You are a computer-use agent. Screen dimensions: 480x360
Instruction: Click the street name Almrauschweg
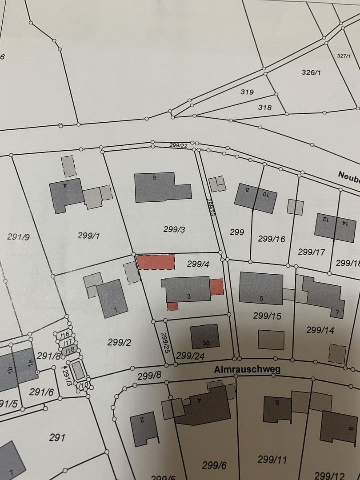click(247, 369)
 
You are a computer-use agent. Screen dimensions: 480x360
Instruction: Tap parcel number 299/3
click(174, 229)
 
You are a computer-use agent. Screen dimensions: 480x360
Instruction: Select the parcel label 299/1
click(88, 236)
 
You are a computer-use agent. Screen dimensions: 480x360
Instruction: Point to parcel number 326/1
click(311, 72)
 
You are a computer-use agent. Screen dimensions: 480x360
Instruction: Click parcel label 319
click(247, 92)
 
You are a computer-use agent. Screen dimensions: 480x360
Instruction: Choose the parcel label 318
click(264, 108)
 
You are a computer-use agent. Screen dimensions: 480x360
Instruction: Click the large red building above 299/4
click(156, 262)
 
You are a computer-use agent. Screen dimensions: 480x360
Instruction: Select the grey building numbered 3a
click(205, 336)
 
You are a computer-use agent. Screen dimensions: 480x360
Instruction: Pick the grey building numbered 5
click(261, 288)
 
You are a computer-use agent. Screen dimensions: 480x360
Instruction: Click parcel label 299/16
click(271, 239)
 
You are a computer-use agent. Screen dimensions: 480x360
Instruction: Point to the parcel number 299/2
click(119, 342)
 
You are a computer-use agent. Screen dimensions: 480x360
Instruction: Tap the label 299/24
click(190, 356)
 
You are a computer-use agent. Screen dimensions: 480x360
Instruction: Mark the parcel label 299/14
click(320, 330)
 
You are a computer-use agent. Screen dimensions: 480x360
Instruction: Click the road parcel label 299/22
click(178, 145)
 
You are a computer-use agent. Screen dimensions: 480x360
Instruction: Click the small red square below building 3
click(172, 306)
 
